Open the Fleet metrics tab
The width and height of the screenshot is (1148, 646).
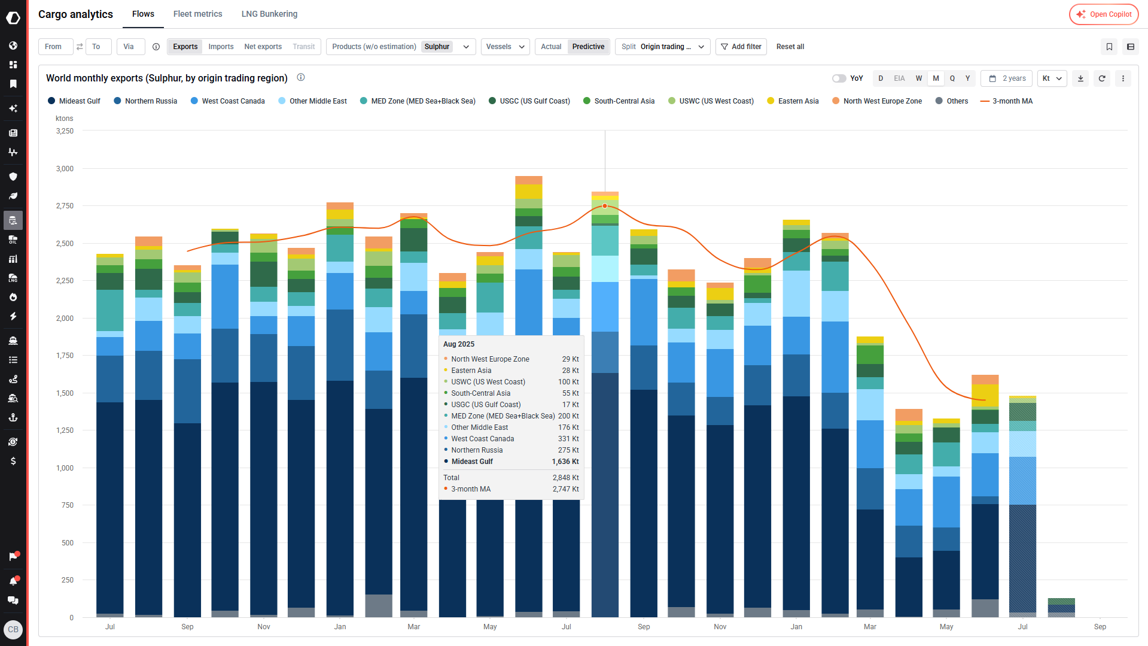197,14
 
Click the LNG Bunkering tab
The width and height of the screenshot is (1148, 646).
269,14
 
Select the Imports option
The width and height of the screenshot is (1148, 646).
221,47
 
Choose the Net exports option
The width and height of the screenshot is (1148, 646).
263,47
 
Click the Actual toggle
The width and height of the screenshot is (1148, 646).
551,47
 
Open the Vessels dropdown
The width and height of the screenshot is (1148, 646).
505,47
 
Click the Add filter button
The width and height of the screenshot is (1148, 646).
741,47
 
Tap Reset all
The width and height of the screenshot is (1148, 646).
790,47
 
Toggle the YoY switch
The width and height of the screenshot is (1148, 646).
839,78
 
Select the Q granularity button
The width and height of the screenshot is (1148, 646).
952,78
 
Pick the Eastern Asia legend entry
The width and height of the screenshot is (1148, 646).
793,101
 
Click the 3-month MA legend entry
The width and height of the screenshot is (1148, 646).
1006,101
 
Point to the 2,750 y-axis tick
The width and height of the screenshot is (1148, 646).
65,206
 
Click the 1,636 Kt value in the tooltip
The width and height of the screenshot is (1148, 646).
565,462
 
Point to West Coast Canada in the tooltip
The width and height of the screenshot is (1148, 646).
483,439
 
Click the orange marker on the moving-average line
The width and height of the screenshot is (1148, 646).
605,206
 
